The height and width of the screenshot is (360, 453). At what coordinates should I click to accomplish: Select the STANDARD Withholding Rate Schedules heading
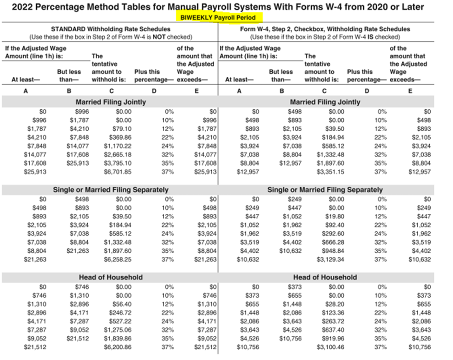pos(111,29)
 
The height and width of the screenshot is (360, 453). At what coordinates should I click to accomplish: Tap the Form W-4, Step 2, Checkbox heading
pos(325,29)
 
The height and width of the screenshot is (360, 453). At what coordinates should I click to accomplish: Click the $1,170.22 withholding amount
pos(119,146)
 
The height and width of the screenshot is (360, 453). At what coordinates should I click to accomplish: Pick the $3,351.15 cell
pos(332,172)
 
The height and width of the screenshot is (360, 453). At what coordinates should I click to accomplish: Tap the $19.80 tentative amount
pos(335,216)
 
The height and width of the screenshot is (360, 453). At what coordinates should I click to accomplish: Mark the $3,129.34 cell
pos(332,259)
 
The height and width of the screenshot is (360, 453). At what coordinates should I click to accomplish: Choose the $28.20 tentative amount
pos(335,304)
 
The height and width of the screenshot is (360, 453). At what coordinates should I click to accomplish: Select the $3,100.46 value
pos(332,347)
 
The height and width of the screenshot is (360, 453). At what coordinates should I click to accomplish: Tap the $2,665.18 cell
pos(119,154)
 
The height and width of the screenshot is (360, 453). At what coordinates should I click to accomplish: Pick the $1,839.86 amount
pos(119,338)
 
